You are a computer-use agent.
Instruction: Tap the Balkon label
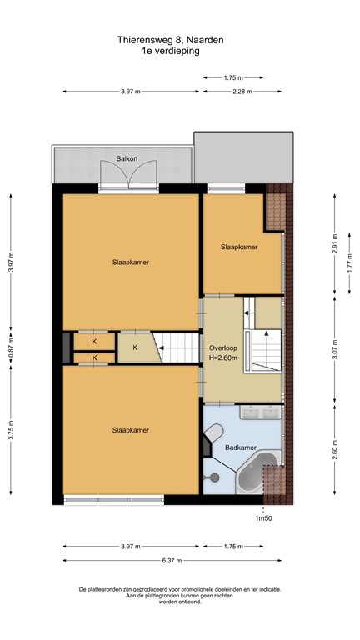click(127, 157)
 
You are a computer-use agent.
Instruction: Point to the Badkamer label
click(240, 447)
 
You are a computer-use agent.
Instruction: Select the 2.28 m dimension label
click(245, 92)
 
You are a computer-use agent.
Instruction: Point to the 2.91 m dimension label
click(334, 247)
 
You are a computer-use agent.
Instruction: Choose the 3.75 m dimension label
click(11, 433)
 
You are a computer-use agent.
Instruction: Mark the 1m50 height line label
click(264, 517)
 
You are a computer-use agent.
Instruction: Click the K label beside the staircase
click(134, 347)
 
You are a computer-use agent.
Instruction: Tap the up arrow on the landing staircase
click(247, 311)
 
